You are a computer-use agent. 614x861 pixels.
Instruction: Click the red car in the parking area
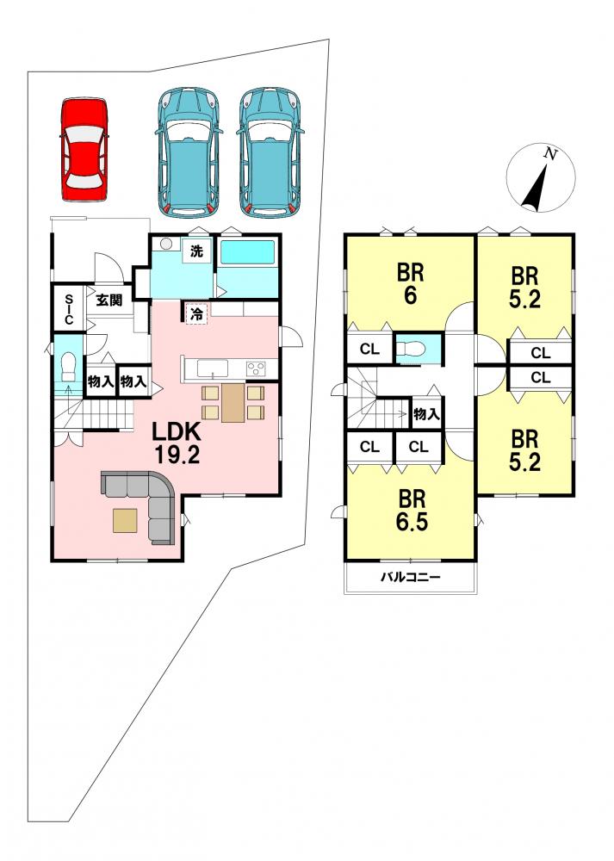(x=84, y=150)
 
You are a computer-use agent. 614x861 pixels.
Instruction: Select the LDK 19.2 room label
(x=176, y=443)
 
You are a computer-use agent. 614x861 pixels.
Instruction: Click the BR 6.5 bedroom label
(x=412, y=511)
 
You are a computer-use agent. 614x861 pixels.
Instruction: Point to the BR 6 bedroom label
(x=411, y=284)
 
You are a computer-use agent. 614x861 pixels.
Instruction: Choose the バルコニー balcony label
(x=411, y=577)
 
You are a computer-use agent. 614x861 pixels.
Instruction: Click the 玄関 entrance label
(x=109, y=300)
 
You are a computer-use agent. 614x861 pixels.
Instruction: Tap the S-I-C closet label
(x=69, y=309)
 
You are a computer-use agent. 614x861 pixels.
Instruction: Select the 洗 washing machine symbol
(x=196, y=251)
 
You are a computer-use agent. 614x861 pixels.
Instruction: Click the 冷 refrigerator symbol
(x=196, y=314)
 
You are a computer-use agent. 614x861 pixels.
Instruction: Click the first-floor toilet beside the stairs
(x=68, y=368)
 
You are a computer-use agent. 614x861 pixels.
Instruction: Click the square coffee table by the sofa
(x=125, y=521)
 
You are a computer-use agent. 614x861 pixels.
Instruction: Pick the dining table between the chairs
(x=233, y=402)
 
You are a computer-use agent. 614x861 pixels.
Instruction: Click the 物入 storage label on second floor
(x=427, y=414)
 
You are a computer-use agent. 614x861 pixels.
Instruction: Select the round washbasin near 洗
(x=166, y=245)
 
